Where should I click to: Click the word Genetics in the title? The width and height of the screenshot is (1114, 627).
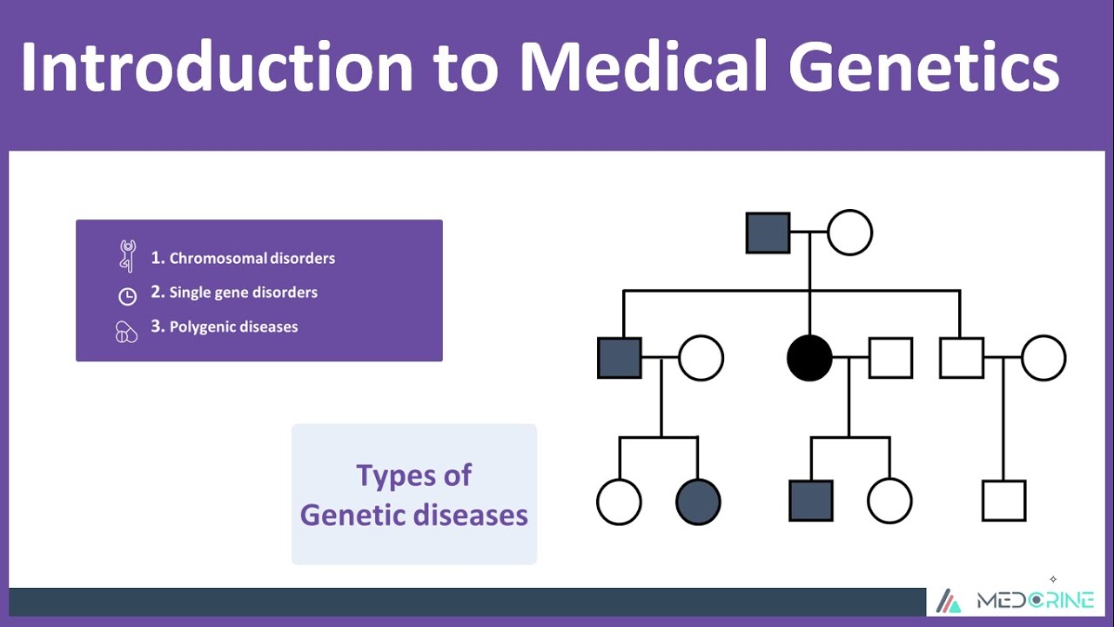(924, 67)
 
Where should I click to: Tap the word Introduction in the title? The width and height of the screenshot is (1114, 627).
(216, 67)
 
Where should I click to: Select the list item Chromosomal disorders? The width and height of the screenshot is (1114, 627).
(243, 258)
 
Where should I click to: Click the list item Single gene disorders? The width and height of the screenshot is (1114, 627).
(234, 293)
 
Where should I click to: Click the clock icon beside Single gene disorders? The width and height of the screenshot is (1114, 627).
(127, 296)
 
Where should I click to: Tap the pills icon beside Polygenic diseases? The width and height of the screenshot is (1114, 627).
(127, 332)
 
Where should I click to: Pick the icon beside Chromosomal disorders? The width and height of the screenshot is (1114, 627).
(128, 256)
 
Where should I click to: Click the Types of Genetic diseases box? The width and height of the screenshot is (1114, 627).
(414, 495)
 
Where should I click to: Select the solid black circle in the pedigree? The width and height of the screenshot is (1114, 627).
(809, 358)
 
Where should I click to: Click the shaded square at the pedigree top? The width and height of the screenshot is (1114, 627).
(768, 233)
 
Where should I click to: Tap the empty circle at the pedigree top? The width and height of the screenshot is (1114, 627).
(849, 233)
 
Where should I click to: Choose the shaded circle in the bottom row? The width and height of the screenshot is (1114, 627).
(698, 502)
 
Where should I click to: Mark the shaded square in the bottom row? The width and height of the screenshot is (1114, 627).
(810, 501)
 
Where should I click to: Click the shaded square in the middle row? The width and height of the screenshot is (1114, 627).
(619, 358)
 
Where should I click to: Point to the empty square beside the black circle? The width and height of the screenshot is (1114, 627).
(890, 358)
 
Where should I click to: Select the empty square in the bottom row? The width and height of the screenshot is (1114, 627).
(1003, 501)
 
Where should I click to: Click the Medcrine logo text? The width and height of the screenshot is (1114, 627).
(1035, 601)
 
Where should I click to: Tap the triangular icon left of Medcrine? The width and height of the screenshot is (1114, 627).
(949, 601)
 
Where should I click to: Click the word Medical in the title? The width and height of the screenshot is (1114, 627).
(644, 67)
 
